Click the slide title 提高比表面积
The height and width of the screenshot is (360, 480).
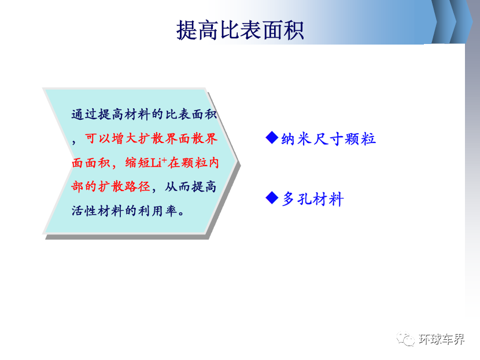pos(240,30)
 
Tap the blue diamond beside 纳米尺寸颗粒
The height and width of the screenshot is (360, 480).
pos(272,137)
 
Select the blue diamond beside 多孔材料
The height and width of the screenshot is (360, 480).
pos(272,197)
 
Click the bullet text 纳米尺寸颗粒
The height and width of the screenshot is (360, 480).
pos(328,139)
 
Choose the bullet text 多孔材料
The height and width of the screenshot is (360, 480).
pos(312,199)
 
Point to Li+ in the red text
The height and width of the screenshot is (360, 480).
pos(158,162)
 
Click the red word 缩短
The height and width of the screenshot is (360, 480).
pos(138,163)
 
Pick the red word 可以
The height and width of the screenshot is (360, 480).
pos(98,138)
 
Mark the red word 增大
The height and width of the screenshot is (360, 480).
pos(124,138)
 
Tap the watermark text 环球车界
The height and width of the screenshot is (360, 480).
pos(441,339)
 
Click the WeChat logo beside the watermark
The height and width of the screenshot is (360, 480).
pos(405,339)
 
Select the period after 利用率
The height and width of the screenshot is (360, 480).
pos(181,212)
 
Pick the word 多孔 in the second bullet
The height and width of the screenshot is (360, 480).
pos(297,199)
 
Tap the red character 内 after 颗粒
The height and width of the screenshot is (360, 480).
pos(213,163)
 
